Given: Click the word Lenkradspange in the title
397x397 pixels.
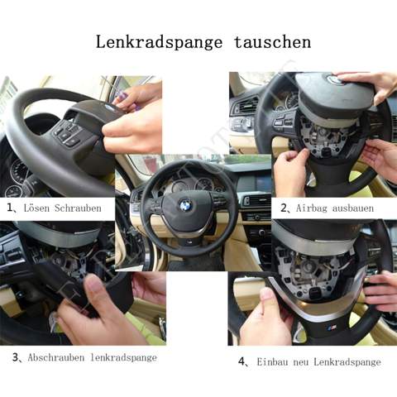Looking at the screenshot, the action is coord(159,43).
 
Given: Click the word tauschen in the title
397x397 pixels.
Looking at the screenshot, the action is coord(273,42).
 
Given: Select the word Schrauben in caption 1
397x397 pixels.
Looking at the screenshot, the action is coord(78,208).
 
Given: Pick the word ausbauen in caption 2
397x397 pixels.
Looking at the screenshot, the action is coord(353,208).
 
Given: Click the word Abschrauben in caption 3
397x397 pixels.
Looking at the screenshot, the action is coord(56,357).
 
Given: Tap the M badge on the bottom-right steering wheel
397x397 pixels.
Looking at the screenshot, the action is coord(332,328).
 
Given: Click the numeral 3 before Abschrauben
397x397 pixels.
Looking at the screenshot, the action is coord(16,357).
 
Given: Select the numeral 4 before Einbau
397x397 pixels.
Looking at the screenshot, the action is coord(242,361).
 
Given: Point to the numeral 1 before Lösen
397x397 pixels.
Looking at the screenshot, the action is coord(10,208).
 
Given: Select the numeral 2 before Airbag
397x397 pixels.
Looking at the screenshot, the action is coord(284,208).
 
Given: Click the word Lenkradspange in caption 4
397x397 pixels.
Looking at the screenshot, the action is coord(347,362).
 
